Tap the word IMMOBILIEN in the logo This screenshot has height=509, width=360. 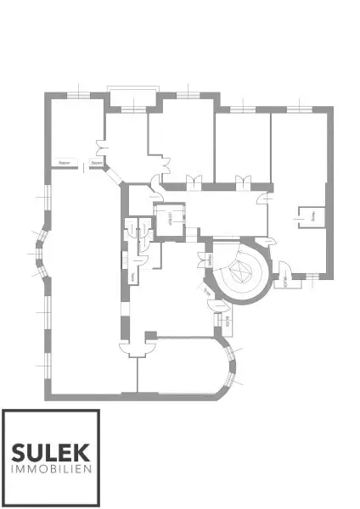pos(51,469)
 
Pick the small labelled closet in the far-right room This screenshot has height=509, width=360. pos(308,217)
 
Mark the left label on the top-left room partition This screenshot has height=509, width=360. pos(64,162)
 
